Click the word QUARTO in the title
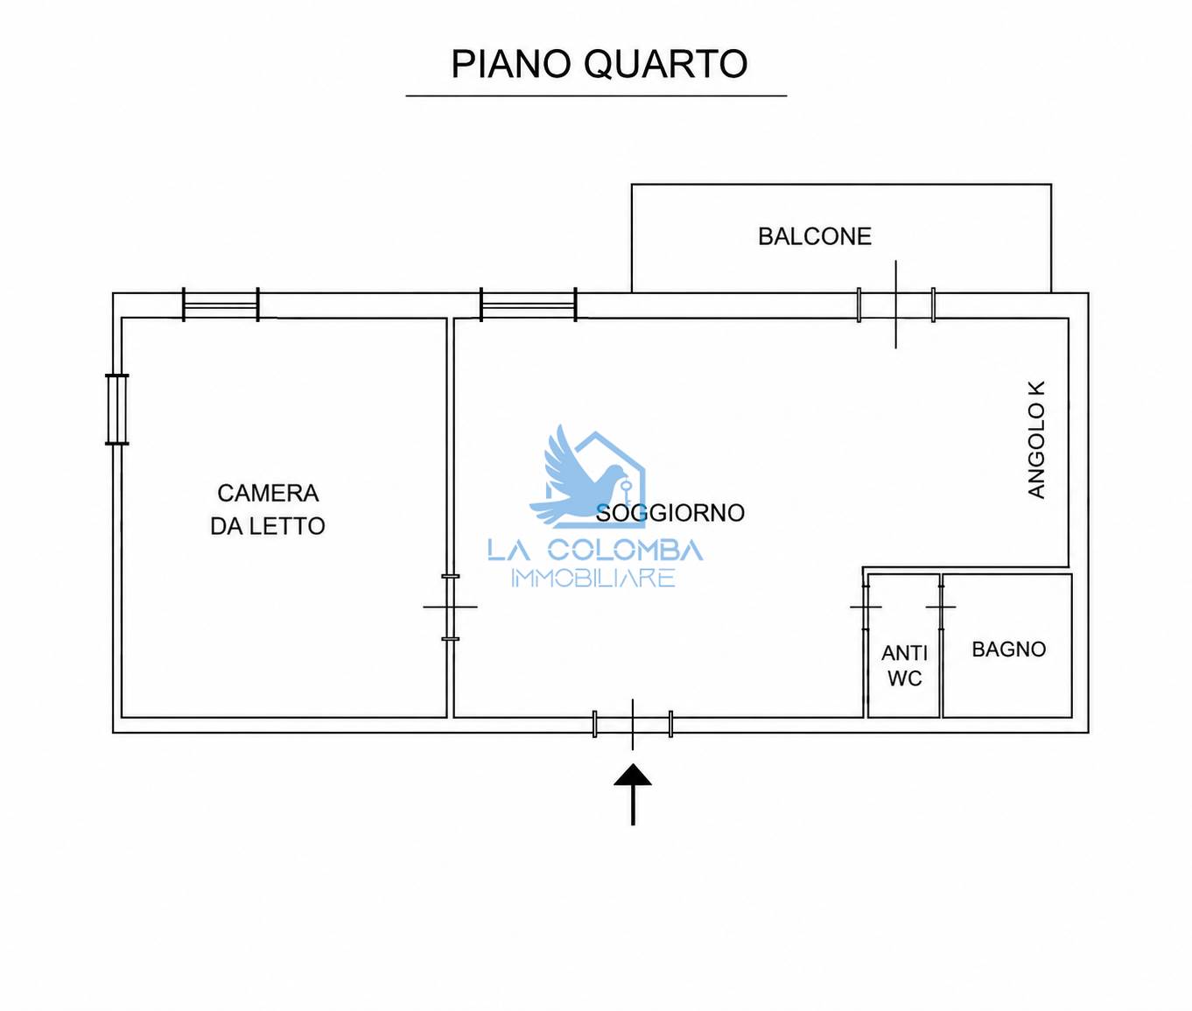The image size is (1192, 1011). [x=666, y=64]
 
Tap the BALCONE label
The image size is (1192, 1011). [x=814, y=236]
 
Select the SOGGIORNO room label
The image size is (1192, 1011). [x=670, y=513]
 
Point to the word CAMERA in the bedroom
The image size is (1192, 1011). [x=268, y=493]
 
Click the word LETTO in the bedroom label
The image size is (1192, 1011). [x=289, y=526]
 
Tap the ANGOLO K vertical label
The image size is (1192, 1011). [x=1037, y=439]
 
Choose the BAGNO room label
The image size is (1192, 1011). [x=1008, y=649]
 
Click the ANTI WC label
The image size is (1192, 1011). [x=904, y=666]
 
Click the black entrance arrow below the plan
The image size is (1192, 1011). [x=633, y=795]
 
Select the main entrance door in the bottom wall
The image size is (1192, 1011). [x=633, y=725]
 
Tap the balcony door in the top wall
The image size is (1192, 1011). [x=895, y=305]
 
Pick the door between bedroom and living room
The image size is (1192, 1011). [x=451, y=607]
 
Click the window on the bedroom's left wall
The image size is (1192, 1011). [x=117, y=410]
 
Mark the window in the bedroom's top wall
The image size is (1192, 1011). [x=221, y=305]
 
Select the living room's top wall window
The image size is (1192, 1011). [x=529, y=305]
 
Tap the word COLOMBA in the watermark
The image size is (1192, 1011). [x=625, y=551]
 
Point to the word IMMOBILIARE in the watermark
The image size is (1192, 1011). [x=593, y=578]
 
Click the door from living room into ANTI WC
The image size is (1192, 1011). [x=866, y=607]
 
